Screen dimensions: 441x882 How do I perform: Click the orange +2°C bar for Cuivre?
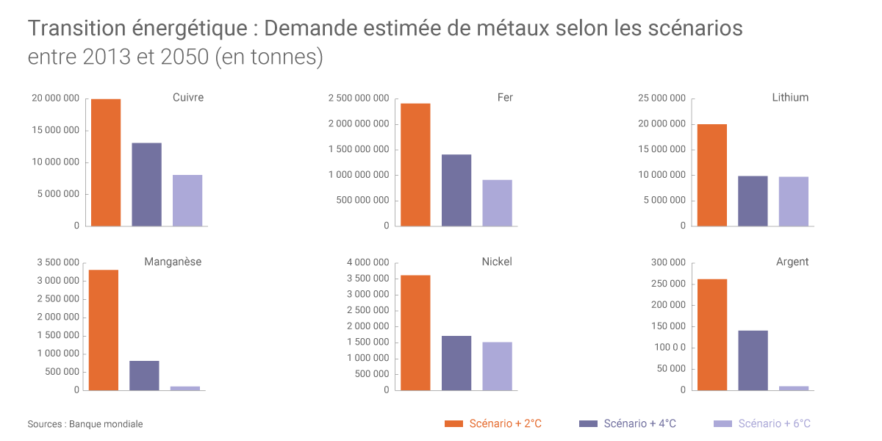pyautogui.click(x=106, y=162)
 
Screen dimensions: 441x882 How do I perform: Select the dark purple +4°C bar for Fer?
pyautogui.click(x=456, y=190)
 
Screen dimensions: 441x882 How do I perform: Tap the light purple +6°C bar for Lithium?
pyautogui.click(x=793, y=201)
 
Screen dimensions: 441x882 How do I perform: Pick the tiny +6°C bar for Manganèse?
pyautogui.click(x=184, y=388)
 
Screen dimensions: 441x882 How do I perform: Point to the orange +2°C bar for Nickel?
pyautogui.click(x=415, y=332)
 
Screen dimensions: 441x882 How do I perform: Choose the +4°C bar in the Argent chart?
pyautogui.click(x=753, y=360)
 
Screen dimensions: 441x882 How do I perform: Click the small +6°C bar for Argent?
pyautogui.click(x=793, y=388)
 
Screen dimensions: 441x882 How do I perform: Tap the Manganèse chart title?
pyautogui.click(x=173, y=262)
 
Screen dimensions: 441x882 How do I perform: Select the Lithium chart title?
pyautogui.click(x=790, y=97)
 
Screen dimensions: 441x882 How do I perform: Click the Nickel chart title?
pyautogui.click(x=497, y=262)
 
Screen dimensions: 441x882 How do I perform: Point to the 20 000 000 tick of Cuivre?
pyautogui.click(x=55, y=98)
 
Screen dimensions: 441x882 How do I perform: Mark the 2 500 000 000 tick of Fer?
pyautogui.click(x=359, y=98)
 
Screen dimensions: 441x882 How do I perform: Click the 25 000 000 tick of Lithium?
pyautogui.click(x=662, y=98)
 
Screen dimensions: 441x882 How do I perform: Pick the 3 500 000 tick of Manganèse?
pyautogui.click(x=57, y=262)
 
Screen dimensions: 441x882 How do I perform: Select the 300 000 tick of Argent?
pyautogui.click(x=668, y=262)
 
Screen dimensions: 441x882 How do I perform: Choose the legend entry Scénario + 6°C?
pyautogui.click(x=774, y=423)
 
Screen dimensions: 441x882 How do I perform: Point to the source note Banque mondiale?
pyautogui.click(x=106, y=424)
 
